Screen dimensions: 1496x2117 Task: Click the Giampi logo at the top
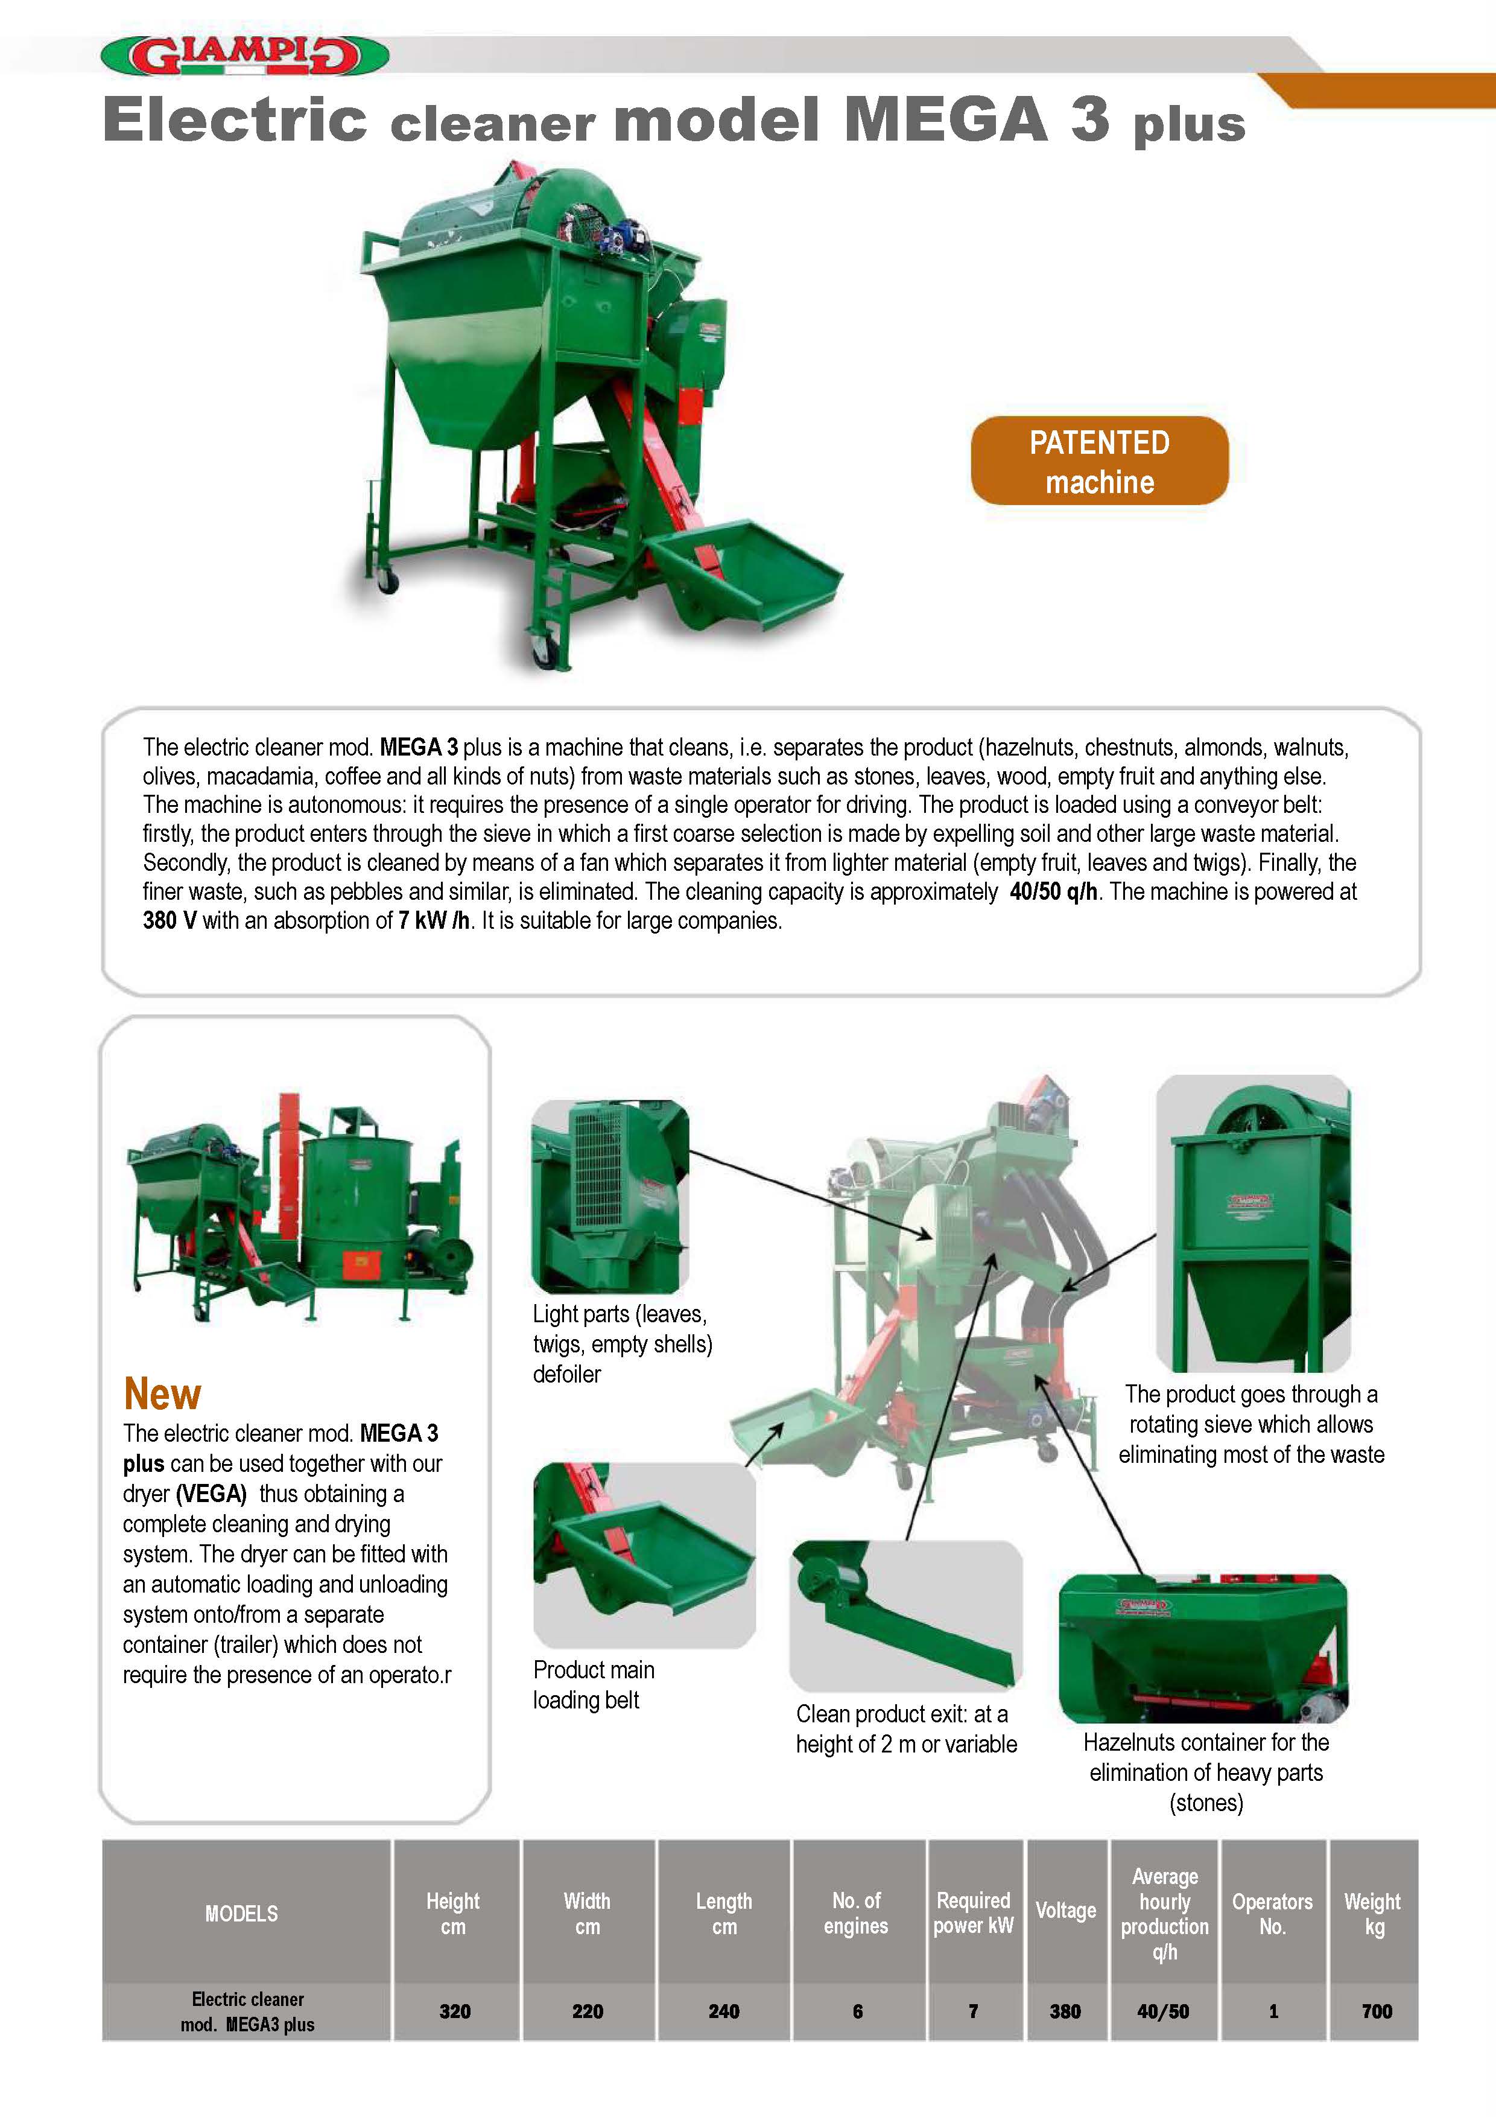point(244,56)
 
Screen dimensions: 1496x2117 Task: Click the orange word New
point(162,1393)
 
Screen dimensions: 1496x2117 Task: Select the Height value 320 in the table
point(454,2011)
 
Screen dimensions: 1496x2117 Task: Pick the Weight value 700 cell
point(1376,2011)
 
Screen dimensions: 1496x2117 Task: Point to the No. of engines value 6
point(857,2011)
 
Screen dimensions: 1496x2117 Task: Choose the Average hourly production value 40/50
point(1163,2011)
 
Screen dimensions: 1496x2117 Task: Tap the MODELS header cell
point(241,1913)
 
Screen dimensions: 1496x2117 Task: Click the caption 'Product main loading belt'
point(594,1684)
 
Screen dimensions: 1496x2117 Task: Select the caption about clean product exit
point(906,1729)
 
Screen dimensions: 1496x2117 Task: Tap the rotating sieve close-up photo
point(1253,1223)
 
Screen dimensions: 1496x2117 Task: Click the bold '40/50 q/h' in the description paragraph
point(1054,891)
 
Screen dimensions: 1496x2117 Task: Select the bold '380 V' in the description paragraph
point(170,920)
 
